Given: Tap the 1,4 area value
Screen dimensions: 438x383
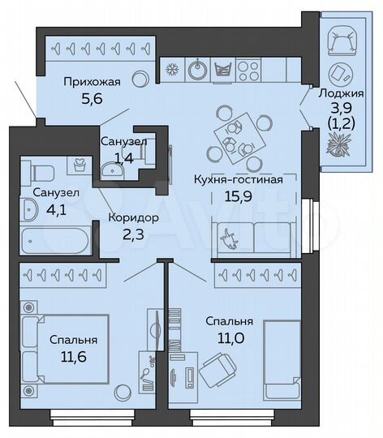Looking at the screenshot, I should pos(124,157).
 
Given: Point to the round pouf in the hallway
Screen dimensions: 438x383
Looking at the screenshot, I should pos(140,79).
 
